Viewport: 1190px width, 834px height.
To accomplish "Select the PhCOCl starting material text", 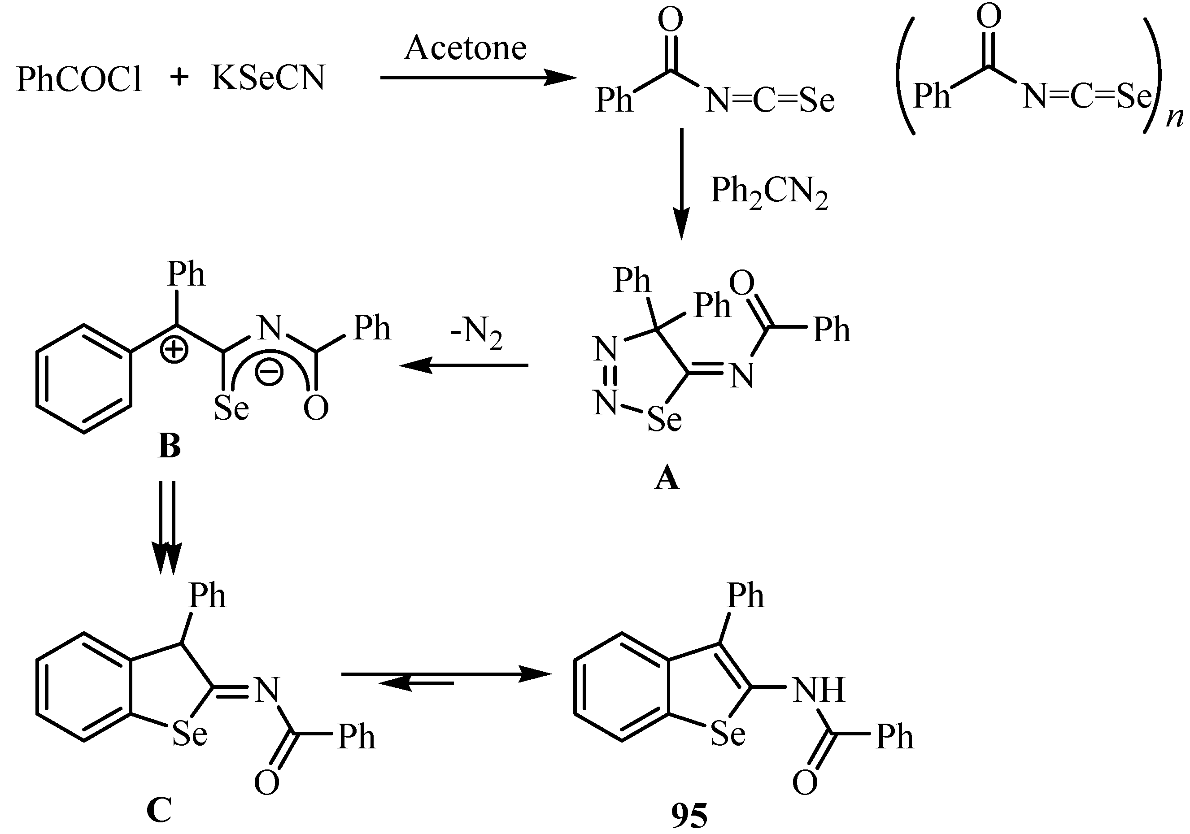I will [79, 79].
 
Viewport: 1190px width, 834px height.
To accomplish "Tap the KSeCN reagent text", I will [268, 78].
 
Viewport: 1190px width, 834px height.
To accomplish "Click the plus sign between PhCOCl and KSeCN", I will [179, 78].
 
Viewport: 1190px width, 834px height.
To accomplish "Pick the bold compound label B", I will [170, 446].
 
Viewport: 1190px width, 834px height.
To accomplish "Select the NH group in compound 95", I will [819, 690].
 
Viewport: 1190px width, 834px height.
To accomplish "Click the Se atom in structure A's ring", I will [664, 419].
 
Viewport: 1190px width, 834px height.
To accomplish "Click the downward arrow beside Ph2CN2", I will [681, 184].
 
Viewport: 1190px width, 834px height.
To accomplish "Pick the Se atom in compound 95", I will [728, 734].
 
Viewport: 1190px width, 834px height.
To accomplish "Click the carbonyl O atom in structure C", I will [266, 783].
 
